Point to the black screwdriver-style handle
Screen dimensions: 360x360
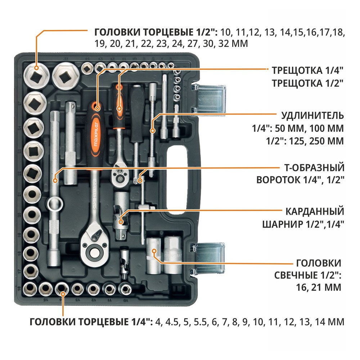click(136, 115)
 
